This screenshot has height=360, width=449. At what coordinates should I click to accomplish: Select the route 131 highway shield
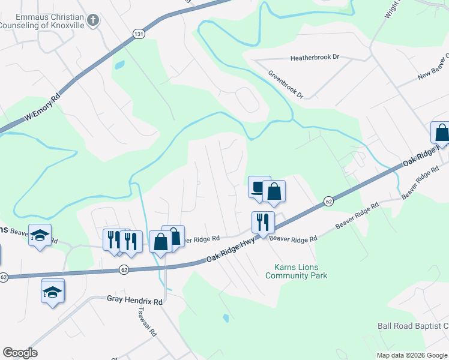139,34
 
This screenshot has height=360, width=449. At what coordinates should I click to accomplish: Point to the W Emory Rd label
43,108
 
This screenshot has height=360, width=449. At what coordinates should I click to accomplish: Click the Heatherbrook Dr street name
315,58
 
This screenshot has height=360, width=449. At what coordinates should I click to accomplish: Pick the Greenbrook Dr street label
286,85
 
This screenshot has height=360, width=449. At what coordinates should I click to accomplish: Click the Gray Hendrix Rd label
135,299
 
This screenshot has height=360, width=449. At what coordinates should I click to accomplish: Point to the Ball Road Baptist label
413,326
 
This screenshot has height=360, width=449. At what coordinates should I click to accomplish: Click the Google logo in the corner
20,353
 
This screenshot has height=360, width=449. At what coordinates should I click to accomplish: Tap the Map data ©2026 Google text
412,355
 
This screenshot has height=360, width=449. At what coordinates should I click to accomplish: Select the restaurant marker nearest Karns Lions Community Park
263,223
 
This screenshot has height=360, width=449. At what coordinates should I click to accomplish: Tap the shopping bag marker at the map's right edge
441,133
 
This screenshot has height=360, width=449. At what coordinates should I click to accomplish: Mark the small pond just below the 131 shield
119,64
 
